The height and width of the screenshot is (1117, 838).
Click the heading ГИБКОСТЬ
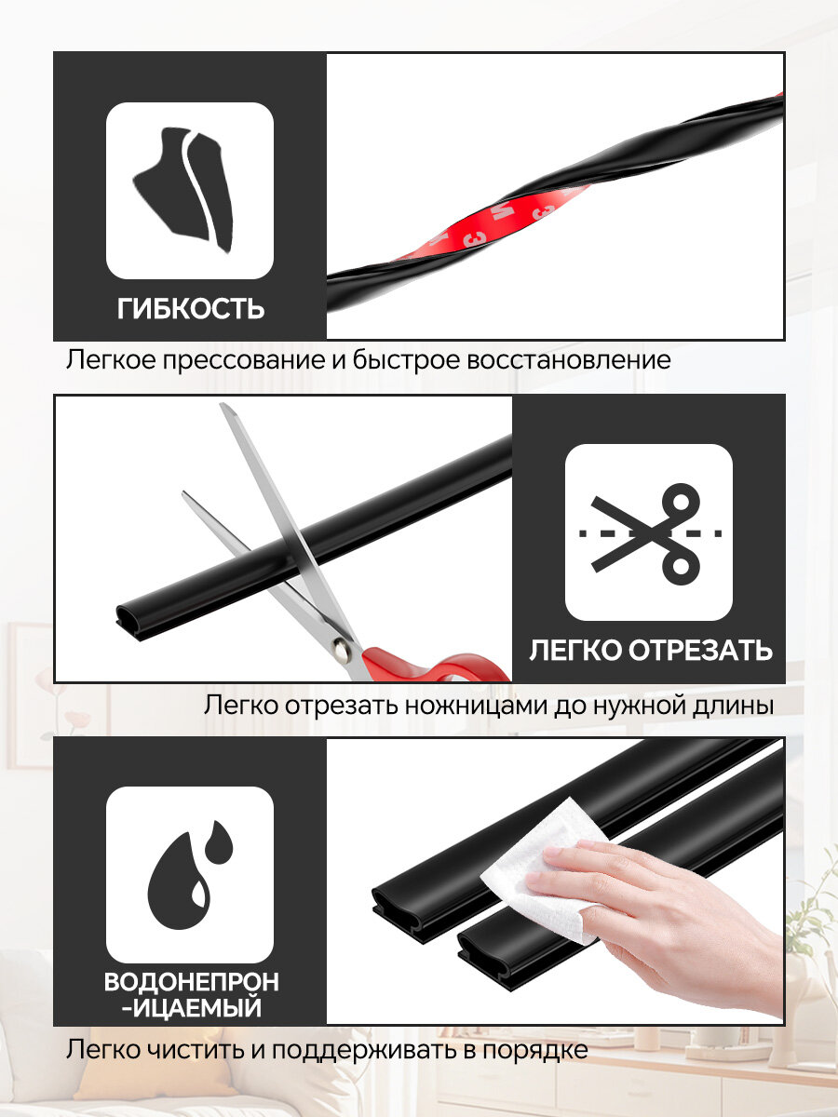click(191, 308)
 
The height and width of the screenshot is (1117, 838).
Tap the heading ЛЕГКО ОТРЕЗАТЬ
click(651, 650)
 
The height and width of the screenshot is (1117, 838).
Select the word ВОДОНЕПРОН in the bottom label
click(191, 982)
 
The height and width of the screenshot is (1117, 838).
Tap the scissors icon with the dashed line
click(649, 532)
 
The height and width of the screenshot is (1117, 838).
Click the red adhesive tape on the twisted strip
click(489, 222)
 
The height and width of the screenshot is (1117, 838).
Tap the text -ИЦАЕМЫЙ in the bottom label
click(193, 1008)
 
